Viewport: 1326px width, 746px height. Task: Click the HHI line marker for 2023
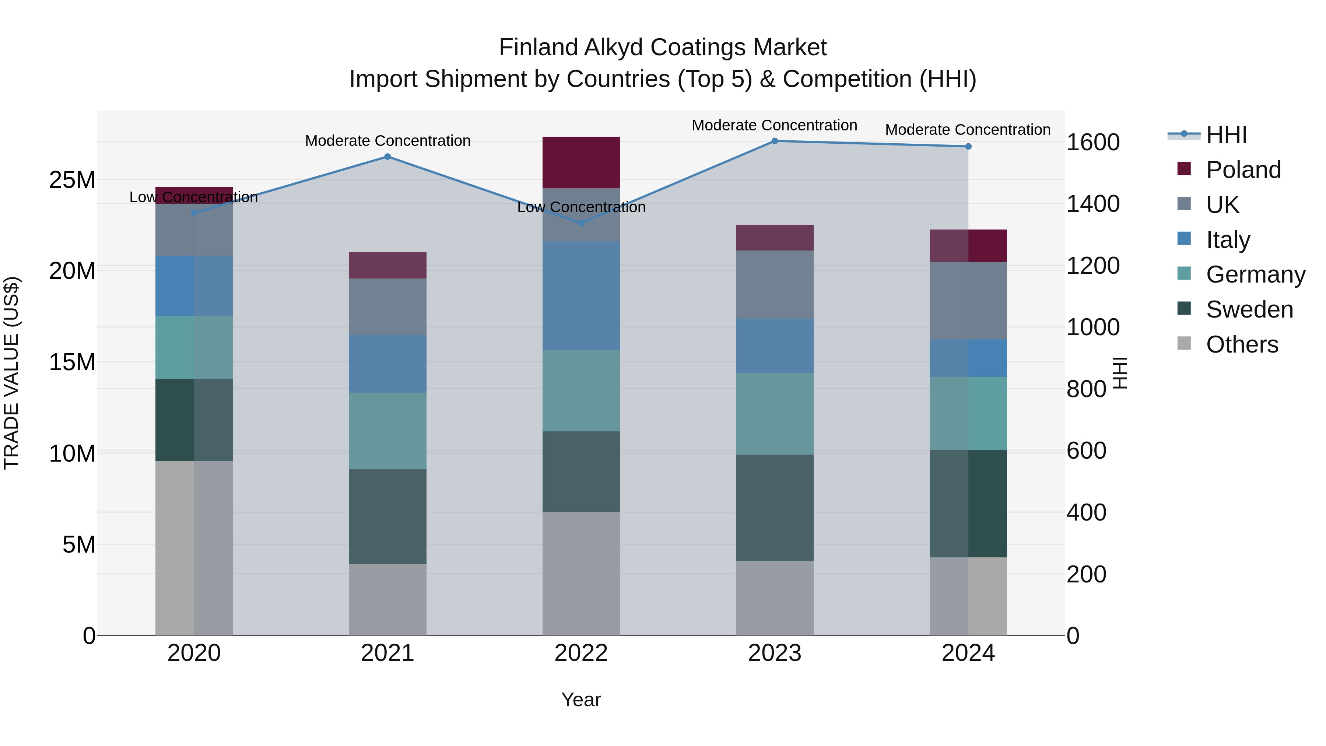tap(774, 141)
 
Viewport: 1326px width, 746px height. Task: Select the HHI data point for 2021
tap(387, 157)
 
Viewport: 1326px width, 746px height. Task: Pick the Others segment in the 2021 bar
tap(387, 600)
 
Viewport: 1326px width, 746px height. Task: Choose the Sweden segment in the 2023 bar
tap(774, 508)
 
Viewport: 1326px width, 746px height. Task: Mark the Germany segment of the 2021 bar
tap(387, 431)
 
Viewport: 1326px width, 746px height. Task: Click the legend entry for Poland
tap(1243, 170)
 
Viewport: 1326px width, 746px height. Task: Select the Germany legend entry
tap(1255, 274)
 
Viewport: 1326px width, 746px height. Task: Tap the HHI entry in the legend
tap(1226, 135)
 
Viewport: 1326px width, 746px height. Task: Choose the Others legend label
tap(1242, 344)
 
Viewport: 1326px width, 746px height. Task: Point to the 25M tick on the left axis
tap(72, 180)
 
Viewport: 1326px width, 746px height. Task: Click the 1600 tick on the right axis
tap(1092, 143)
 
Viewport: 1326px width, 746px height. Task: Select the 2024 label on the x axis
tap(968, 653)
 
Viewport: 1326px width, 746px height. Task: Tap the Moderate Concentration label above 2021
tap(387, 141)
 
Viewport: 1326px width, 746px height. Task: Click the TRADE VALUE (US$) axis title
tap(11, 373)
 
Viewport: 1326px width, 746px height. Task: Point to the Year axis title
tap(580, 700)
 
